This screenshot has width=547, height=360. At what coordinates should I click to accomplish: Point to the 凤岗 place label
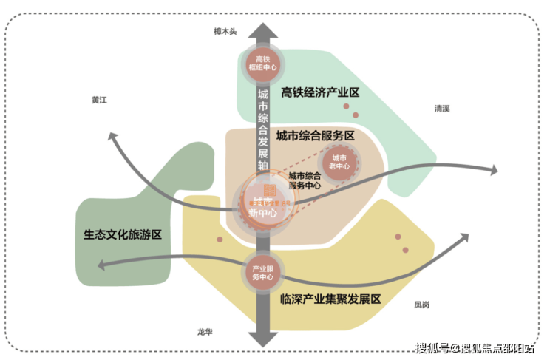[421, 304]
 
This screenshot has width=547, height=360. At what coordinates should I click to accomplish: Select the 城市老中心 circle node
[339, 163]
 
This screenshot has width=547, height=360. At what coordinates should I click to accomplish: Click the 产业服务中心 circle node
[262, 272]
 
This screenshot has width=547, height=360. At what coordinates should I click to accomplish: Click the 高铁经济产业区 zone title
[320, 92]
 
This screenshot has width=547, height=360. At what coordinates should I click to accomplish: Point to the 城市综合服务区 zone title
[316, 136]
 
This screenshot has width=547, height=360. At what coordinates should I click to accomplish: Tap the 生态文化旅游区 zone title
[123, 234]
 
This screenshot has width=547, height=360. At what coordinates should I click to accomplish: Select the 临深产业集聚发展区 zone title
[330, 299]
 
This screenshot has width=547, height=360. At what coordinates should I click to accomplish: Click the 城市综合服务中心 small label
[304, 181]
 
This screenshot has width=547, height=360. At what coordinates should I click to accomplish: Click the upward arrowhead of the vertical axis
[262, 30]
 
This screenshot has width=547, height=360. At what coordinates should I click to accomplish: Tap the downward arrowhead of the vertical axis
[262, 339]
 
